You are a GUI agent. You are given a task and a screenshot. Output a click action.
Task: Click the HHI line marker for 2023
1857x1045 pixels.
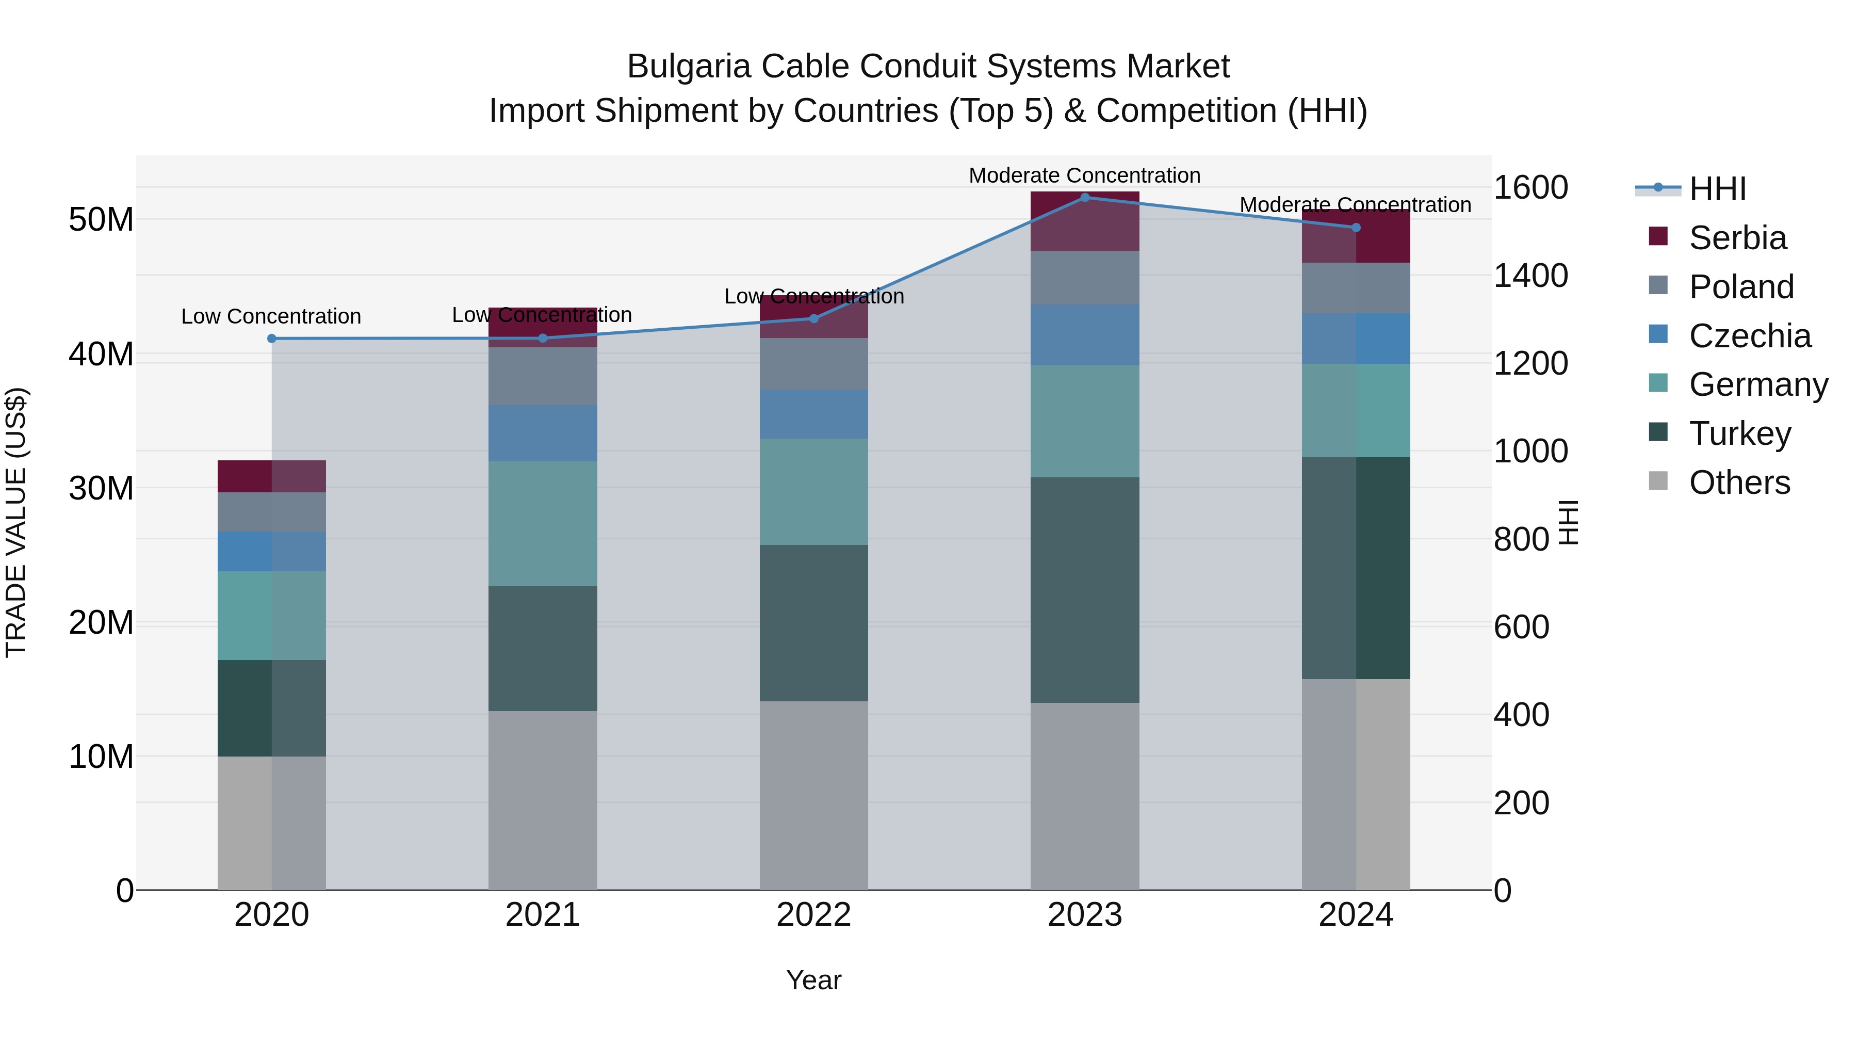(1084, 198)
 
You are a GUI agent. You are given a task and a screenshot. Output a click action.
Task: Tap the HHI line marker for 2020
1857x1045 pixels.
(272, 338)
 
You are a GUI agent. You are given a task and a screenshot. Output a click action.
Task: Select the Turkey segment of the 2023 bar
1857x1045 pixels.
(1084, 590)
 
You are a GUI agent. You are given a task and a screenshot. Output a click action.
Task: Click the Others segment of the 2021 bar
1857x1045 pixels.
(542, 800)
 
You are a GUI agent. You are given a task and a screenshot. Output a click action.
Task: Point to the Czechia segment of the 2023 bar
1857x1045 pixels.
(1084, 334)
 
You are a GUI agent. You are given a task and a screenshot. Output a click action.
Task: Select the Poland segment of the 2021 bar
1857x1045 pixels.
(542, 377)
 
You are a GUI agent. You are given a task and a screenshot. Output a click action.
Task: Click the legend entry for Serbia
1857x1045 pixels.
(1737, 238)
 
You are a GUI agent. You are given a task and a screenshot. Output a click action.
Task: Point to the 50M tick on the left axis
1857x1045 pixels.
(101, 219)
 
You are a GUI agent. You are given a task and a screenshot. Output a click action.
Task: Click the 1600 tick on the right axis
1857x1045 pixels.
(1530, 187)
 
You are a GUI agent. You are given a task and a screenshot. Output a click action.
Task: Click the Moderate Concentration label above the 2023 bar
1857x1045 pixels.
(1084, 175)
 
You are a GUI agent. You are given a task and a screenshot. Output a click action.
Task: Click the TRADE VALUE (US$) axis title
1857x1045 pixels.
(17, 522)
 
